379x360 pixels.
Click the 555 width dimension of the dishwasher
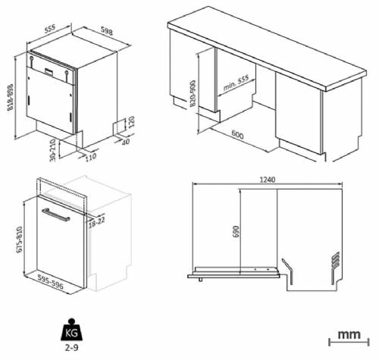(51, 28)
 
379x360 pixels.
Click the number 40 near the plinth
(126, 141)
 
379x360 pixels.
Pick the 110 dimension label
(92, 158)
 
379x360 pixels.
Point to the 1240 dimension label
(266, 180)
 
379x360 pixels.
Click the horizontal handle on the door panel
(58, 216)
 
